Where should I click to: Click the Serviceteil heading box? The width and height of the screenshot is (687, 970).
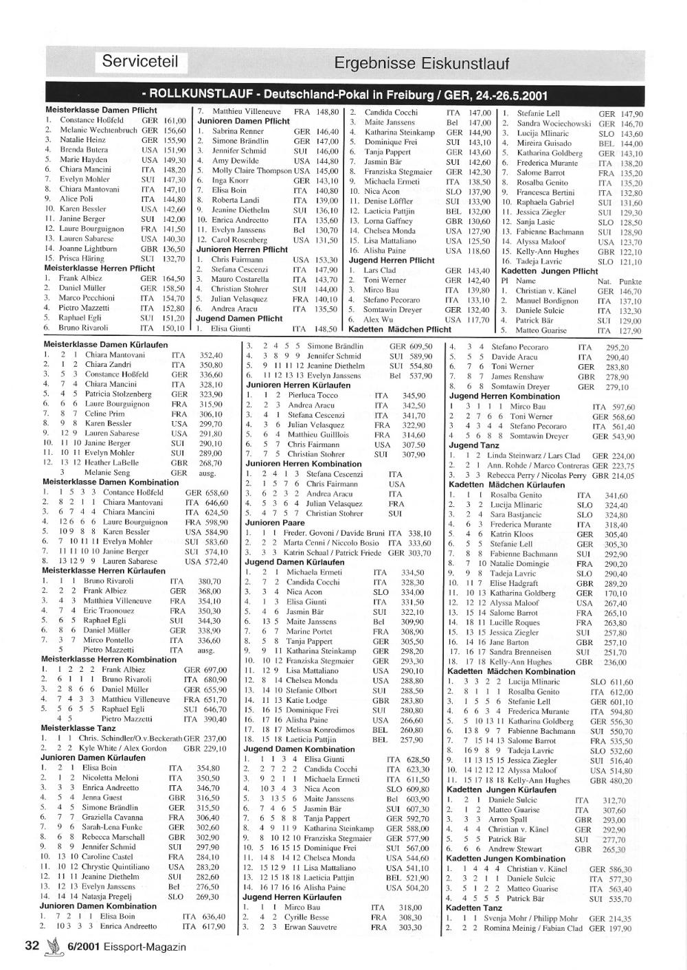point(140,62)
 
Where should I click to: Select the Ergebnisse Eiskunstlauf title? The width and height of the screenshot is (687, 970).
point(421,64)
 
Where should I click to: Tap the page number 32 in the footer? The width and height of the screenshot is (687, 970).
point(32,945)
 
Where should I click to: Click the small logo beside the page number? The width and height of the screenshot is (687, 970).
point(49,946)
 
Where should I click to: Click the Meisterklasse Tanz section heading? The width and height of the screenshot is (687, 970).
point(78,727)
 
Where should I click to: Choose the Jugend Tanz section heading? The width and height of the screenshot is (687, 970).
point(474,445)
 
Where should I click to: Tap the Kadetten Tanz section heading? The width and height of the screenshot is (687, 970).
point(474,908)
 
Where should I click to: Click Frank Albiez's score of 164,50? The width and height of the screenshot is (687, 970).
point(172,279)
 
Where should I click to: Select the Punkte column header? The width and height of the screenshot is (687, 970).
point(630,282)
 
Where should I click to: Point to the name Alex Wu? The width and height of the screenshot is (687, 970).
point(379,320)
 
